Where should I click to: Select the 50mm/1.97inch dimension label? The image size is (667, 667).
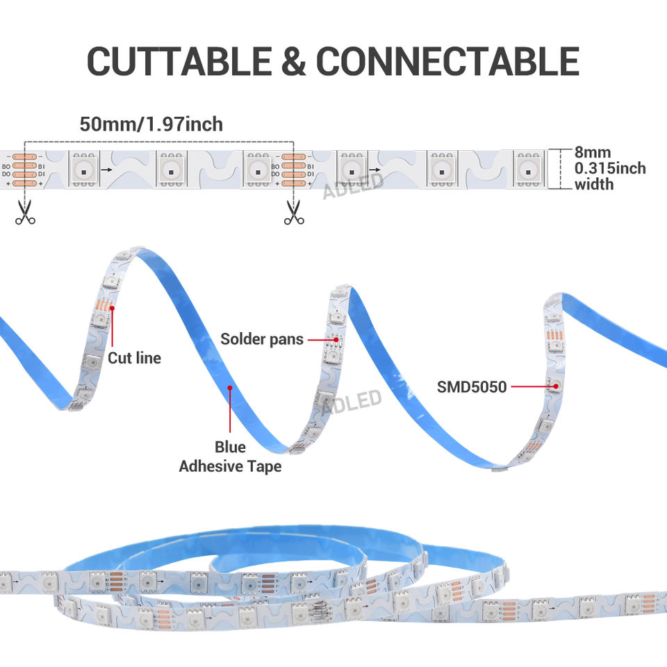coord(151,124)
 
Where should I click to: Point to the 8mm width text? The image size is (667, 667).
coord(593,152)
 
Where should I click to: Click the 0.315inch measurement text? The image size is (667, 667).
coord(609,168)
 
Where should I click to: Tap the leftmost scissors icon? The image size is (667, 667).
coord(25,211)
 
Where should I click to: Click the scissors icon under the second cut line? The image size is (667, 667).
coord(294,211)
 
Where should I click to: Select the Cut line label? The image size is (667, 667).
coord(134,358)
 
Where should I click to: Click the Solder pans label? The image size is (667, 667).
coord(262,339)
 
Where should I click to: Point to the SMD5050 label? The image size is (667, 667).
coord(472,386)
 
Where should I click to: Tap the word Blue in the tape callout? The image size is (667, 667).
coord(230,447)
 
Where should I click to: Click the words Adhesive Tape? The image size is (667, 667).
coord(230,466)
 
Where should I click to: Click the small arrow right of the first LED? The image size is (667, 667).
coord(106,169)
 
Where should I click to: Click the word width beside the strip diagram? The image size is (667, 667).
coord(593,184)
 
